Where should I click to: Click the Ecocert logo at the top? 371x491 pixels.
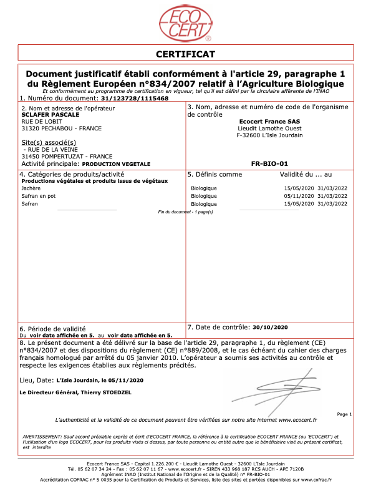tap(185, 24)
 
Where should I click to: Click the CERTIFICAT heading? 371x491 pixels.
tap(185, 54)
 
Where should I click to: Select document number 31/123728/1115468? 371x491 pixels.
tap(134, 99)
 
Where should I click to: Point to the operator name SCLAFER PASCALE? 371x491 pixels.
tap(47, 115)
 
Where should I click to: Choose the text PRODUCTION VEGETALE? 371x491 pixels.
tap(117, 163)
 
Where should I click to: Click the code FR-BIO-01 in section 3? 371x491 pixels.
tap(269, 163)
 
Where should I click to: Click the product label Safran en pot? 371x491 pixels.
tap(39, 196)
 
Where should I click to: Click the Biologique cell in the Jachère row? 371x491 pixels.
tap(204, 188)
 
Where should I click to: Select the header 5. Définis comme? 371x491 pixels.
tap(214, 174)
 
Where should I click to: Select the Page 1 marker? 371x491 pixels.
tap(344, 414)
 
